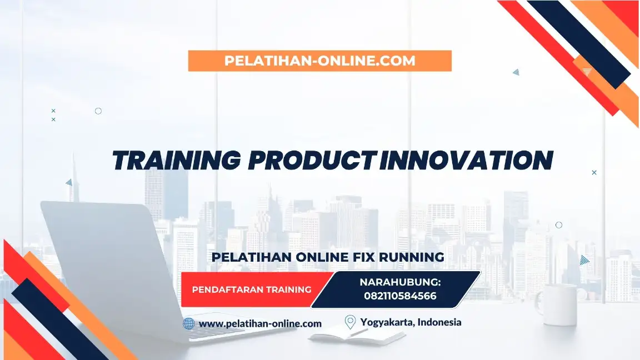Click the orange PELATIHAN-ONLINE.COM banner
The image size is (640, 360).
coord(319,61)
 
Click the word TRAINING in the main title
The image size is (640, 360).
coord(177,161)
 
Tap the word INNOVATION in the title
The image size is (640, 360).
coord(467,161)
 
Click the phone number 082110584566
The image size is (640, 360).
coord(400,296)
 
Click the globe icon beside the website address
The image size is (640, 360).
coord(189,323)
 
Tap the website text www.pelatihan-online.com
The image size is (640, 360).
coord(260,323)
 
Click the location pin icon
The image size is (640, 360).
coord(350,322)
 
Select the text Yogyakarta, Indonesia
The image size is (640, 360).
coord(411,322)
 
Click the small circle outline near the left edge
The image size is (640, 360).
coord(98,111)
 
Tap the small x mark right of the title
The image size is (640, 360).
coord(594,173)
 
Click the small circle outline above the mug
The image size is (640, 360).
coord(559,225)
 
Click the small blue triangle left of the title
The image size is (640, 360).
coord(69,182)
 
